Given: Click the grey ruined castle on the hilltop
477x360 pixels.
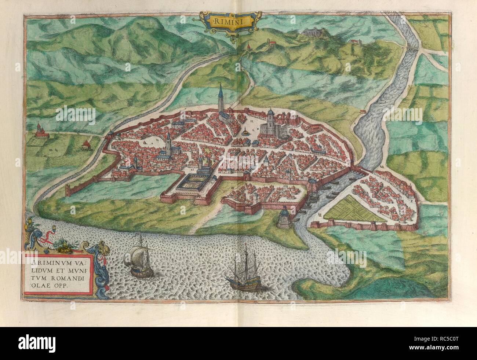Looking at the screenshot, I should (x=313, y=33).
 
